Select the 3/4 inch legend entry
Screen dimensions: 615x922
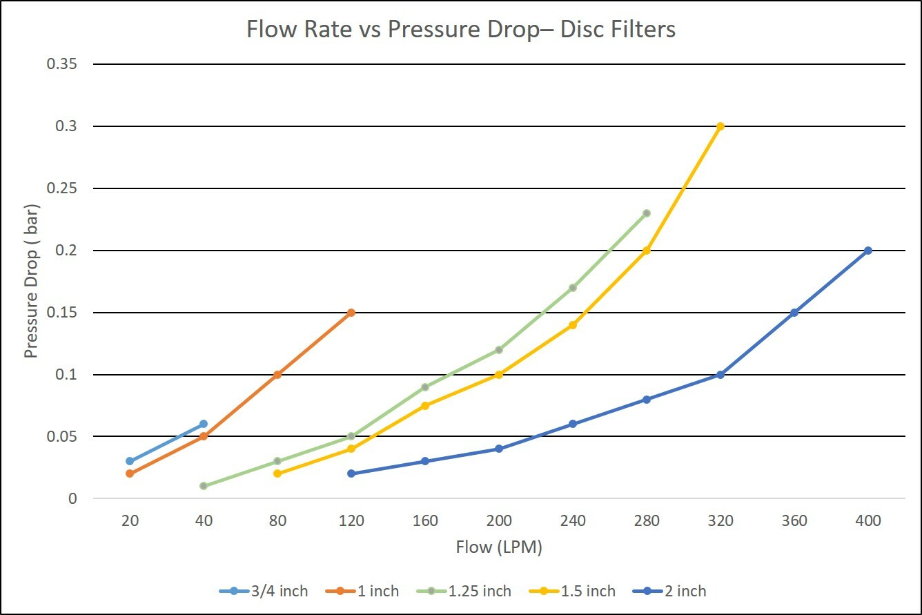(264, 591)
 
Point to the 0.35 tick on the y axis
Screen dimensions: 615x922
(62, 64)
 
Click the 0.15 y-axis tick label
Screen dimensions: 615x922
(62, 313)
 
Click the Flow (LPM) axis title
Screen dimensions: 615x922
(499, 547)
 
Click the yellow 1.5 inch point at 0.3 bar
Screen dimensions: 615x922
(720, 126)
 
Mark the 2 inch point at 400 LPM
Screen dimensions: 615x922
(868, 251)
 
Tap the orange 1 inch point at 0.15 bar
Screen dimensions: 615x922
(351, 313)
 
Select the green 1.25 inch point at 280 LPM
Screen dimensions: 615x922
(647, 213)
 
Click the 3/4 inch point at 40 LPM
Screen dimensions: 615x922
(204, 424)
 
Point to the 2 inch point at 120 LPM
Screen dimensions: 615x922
(351, 474)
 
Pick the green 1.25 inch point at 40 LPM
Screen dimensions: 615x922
(204, 486)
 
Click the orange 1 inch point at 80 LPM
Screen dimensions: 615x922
(277, 375)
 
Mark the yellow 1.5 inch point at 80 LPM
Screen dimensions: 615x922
(277, 474)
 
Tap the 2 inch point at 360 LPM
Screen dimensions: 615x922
(794, 313)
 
